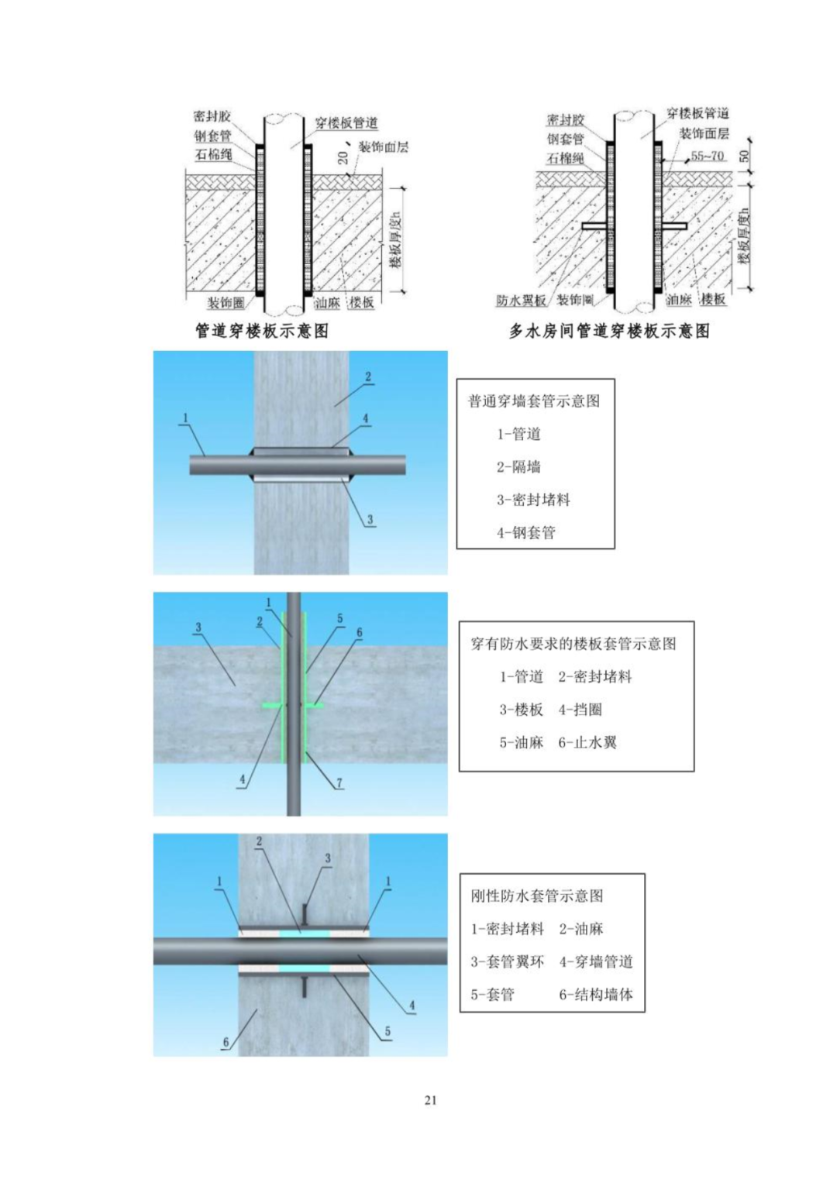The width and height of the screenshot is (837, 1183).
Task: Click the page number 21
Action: (431, 1100)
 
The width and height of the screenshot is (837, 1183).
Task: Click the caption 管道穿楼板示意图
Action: (262, 331)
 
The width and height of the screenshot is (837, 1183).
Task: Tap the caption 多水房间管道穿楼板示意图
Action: (609, 331)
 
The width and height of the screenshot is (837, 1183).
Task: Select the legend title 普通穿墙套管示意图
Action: (533, 401)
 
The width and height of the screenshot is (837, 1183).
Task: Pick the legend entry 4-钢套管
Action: (526, 532)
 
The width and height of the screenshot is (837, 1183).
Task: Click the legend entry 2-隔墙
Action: (518, 466)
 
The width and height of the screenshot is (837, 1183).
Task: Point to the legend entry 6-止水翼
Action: (587, 742)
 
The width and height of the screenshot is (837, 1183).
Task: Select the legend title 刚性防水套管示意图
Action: (537, 896)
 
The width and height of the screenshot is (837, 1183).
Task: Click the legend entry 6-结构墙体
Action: (596, 994)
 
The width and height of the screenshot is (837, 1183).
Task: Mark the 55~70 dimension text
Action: (707, 156)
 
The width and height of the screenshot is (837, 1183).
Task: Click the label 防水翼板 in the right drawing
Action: (521, 301)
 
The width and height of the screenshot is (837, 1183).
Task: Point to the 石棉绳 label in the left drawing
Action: (213, 154)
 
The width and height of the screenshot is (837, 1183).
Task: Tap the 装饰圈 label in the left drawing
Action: (226, 302)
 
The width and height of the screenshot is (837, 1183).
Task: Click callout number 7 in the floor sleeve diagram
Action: (339, 783)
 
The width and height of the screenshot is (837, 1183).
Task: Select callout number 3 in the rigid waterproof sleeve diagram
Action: (328, 858)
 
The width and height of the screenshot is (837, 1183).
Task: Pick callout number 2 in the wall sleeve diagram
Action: (368, 377)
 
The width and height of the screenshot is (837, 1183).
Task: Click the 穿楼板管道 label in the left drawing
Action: (346, 123)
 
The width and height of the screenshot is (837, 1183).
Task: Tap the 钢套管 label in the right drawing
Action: (565, 139)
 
